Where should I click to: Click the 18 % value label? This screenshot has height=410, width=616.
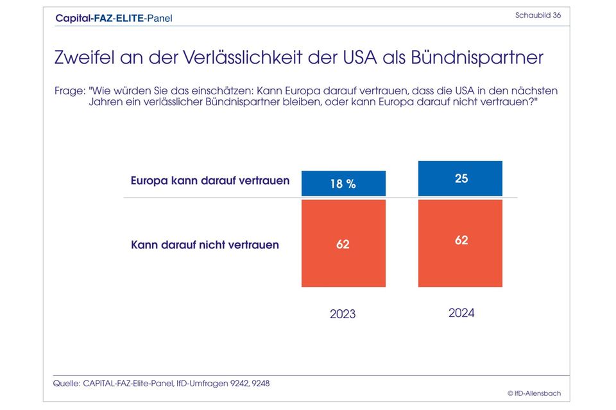click(343, 184)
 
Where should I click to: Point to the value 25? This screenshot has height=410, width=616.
click(461, 178)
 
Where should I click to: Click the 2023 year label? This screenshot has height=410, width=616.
click(343, 314)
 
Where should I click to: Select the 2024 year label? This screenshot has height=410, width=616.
click(461, 313)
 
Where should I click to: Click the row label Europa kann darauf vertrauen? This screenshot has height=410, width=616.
click(210, 181)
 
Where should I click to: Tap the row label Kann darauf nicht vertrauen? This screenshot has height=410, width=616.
click(205, 244)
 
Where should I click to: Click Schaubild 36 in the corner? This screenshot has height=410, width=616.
click(538, 15)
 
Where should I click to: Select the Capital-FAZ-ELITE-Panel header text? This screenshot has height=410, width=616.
click(114, 18)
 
